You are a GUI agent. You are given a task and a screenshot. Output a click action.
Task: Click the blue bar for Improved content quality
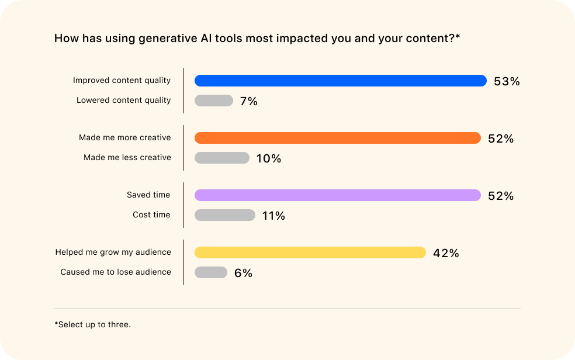pyautogui.click(x=340, y=81)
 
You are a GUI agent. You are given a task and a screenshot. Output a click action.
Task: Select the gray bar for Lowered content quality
pyautogui.click(x=213, y=101)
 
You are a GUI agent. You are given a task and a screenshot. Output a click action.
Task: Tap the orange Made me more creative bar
pyautogui.click(x=337, y=138)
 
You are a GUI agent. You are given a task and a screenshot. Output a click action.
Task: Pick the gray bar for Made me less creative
pyautogui.click(x=221, y=158)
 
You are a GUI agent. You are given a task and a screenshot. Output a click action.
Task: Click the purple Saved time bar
pyautogui.click(x=337, y=195)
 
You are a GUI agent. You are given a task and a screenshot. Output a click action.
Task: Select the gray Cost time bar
pyautogui.click(x=224, y=215)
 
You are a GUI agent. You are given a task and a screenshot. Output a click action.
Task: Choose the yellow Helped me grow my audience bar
pyautogui.click(x=310, y=252)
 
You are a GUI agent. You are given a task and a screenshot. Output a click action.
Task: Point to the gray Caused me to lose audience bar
pyautogui.click(x=210, y=272)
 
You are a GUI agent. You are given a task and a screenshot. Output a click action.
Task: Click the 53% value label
pyautogui.click(x=507, y=81)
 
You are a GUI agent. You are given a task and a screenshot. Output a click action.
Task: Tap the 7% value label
pyautogui.click(x=248, y=101)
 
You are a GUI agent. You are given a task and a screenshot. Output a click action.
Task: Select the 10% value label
pyautogui.click(x=268, y=158)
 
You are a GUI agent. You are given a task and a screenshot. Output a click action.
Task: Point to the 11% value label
pyautogui.click(x=273, y=216)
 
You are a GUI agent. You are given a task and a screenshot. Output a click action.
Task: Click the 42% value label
pyautogui.click(x=446, y=253)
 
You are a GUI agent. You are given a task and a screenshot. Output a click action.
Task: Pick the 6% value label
pyautogui.click(x=243, y=273)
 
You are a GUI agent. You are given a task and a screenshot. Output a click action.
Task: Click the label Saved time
pyautogui.click(x=148, y=195)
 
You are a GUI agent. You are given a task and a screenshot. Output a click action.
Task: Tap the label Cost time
pyautogui.click(x=151, y=214)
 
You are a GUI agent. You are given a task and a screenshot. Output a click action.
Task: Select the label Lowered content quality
pyautogui.click(x=123, y=100)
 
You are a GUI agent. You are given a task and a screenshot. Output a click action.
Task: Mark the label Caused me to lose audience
pyautogui.click(x=116, y=272)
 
